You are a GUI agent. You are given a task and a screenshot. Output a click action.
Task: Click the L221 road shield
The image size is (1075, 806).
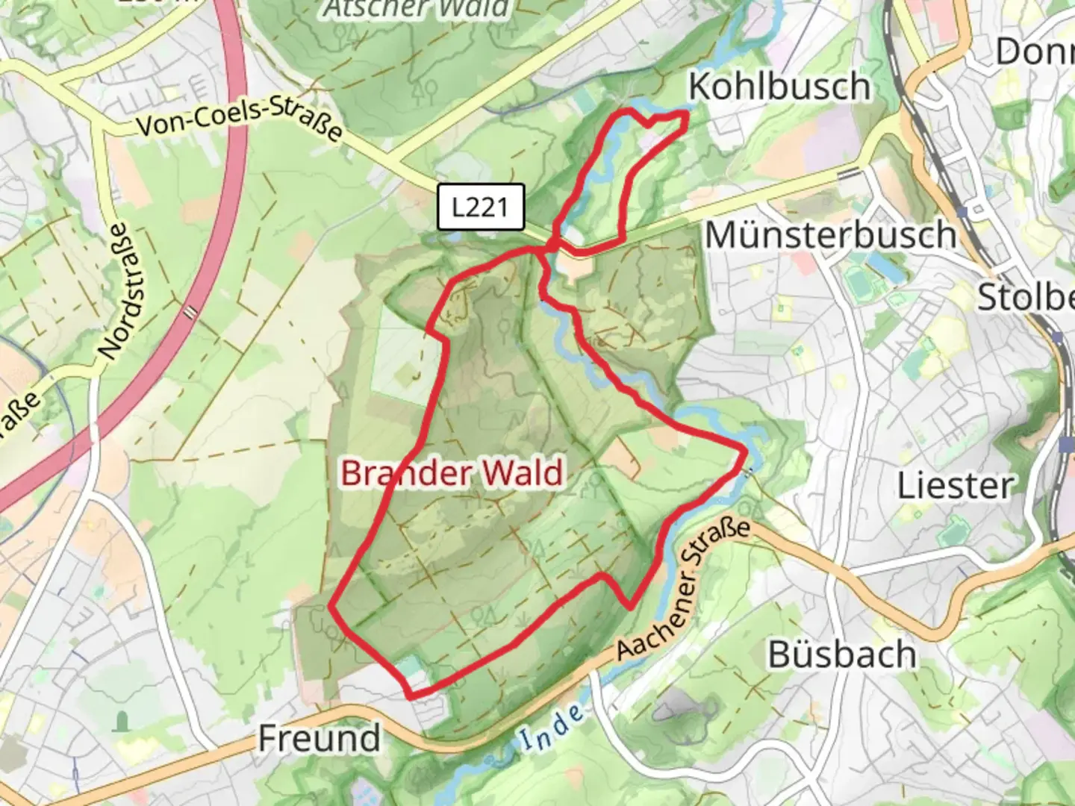(x=481, y=207)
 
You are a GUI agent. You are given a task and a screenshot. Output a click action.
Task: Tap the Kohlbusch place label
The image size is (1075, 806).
(x=779, y=87)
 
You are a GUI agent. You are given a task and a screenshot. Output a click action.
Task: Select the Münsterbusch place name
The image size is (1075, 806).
(x=830, y=235)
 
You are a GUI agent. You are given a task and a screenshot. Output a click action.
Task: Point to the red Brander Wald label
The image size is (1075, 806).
(x=452, y=473)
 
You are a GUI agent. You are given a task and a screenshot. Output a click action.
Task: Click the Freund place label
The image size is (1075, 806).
(x=320, y=739)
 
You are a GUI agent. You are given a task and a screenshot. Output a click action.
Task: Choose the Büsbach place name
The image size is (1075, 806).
(x=842, y=655)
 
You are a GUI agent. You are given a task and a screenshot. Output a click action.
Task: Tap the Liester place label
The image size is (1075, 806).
(x=955, y=486)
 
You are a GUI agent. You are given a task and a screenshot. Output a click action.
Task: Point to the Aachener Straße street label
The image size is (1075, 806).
(x=684, y=590)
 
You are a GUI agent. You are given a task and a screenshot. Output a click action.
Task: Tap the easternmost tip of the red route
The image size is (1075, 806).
(x=745, y=449)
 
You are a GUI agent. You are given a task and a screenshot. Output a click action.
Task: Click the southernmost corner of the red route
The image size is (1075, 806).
(x=411, y=696)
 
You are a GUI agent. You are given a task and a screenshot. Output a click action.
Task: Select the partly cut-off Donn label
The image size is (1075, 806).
(x=1035, y=51)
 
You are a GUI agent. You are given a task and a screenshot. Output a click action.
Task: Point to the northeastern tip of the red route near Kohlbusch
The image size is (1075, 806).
(x=685, y=113)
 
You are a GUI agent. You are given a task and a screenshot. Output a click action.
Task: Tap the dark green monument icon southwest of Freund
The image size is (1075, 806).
(x=122, y=721)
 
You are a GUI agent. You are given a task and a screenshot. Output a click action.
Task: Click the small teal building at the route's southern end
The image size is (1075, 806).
(x=408, y=666)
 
